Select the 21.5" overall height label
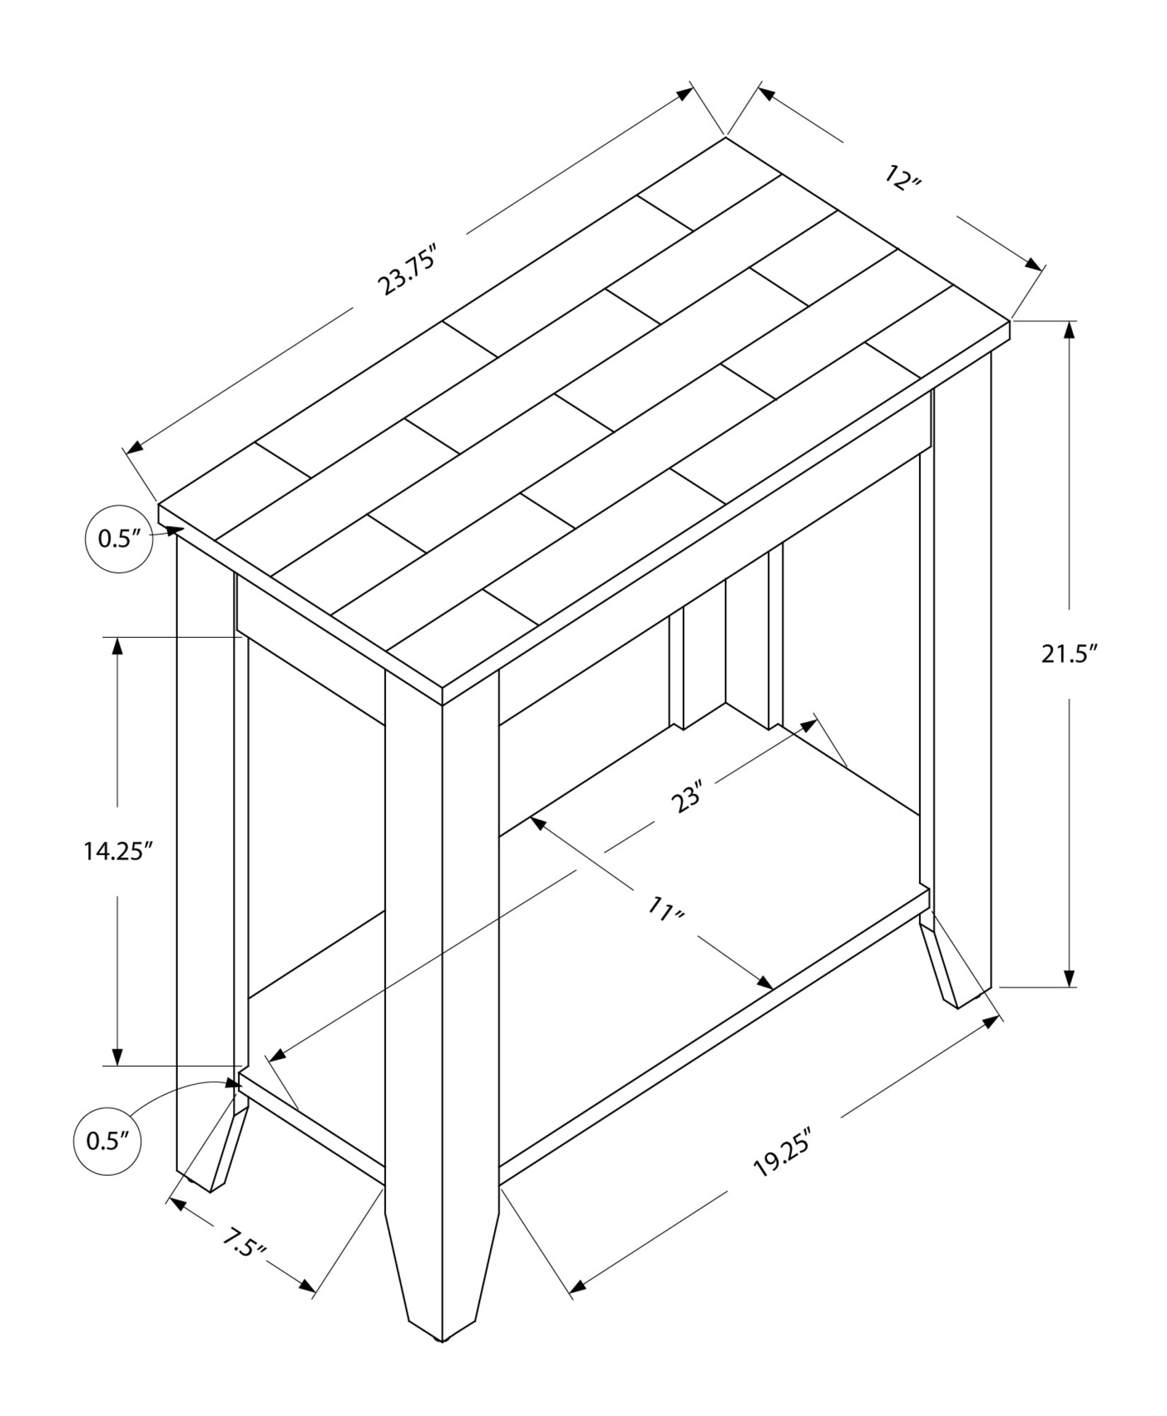pyautogui.click(x=1069, y=654)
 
